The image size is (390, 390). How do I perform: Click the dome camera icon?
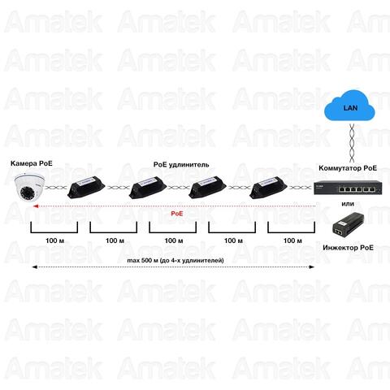tap(29, 188)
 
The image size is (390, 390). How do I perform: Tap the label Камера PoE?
tap(32, 163)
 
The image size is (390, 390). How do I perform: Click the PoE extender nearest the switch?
tap(269, 187)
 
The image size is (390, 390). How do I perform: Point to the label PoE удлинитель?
tap(181, 165)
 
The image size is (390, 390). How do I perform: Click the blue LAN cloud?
tap(350, 106)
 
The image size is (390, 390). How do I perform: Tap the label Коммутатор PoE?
tap(348, 168)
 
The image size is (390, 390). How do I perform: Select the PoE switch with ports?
tap(348, 188)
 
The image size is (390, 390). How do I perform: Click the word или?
tap(348, 204)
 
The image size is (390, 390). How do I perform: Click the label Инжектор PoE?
tap(348, 248)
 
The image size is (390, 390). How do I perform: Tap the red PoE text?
tap(177, 214)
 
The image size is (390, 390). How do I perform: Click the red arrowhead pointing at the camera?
tap(35, 206)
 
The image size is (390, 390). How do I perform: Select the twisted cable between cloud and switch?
tap(352, 143)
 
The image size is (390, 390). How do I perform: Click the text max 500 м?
tap(143, 261)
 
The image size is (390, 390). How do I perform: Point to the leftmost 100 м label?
tap(54, 240)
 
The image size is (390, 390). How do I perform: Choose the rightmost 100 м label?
tap(292, 240)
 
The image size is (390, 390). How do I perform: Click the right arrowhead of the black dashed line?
tap(311, 267)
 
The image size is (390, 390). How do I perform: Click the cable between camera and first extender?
tap(56, 188)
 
